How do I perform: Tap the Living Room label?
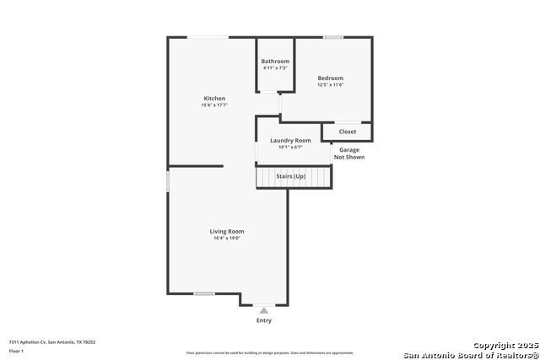click(x=227, y=231)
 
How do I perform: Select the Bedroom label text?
click(x=331, y=78)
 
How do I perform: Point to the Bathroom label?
click(x=275, y=62)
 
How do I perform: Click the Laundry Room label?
click(x=290, y=141)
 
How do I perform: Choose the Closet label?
click(x=348, y=132)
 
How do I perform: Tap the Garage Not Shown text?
click(x=349, y=153)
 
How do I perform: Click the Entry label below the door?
click(x=264, y=320)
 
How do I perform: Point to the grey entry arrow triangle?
click(x=264, y=310)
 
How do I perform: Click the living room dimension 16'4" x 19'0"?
click(x=227, y=239)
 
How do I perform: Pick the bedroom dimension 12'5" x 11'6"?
click(x=331, y=84)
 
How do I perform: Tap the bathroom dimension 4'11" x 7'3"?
click(x=275, y=68)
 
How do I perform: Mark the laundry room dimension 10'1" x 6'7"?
click(x=290, y=148)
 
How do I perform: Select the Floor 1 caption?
click(x=16, y=351)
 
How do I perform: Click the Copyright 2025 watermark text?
click(x=505, y=346)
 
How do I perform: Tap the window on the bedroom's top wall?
click(x=333, y=37)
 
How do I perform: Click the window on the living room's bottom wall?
click(x=203, y=293)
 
